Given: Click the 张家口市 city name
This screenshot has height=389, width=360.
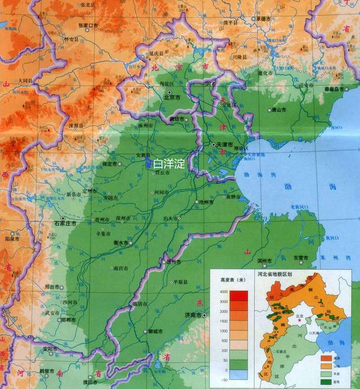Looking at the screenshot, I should click(x=88, y=26).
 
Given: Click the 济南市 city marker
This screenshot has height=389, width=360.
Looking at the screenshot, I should click(x=205, y=315).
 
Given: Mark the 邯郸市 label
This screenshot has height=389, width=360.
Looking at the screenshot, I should click(x=70, y=319).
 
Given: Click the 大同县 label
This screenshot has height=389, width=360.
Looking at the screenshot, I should click(x=25, y=81).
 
